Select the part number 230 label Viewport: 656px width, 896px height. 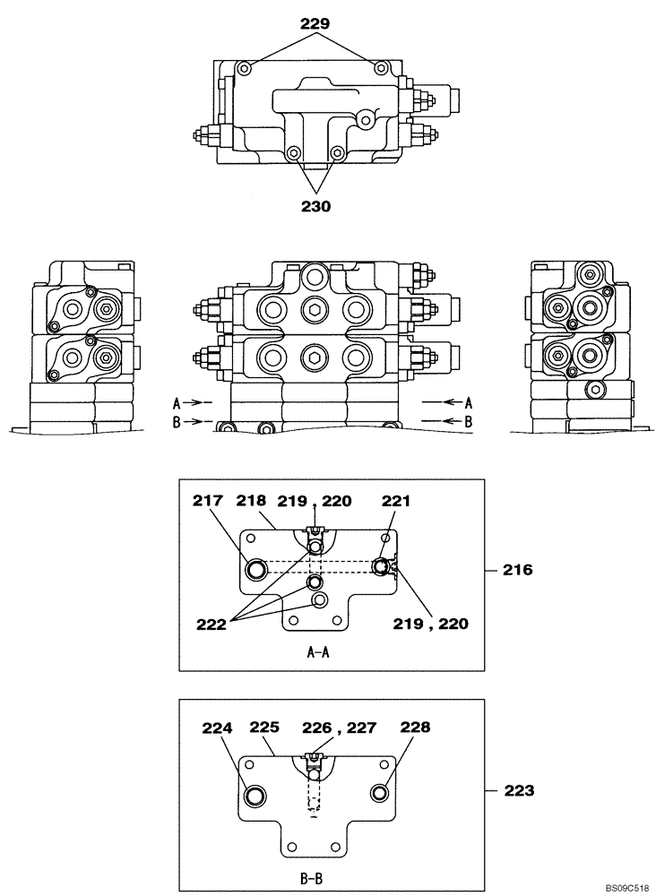click(x=315, y=205)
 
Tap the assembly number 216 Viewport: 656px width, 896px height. click(x=517, y=569)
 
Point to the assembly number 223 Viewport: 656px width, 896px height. click(x=517, y=790)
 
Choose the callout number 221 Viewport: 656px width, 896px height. click(x=395, y=503)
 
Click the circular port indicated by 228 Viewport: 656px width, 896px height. click(x=379, y=793)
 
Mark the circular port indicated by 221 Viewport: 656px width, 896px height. click(x=382, y=565)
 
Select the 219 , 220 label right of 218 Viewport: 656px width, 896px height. click(x=315, y=503)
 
